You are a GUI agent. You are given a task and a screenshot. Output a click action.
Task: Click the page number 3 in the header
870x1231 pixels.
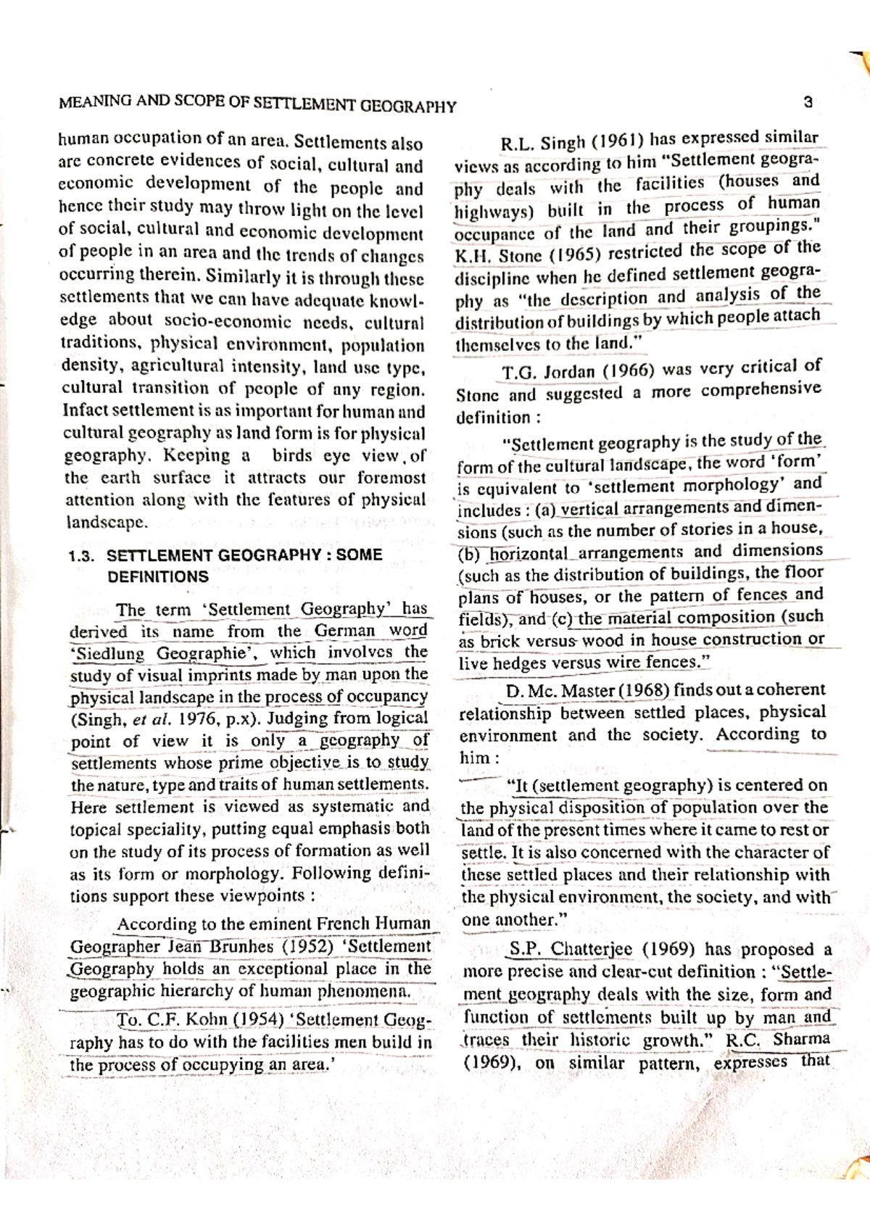point(808,102)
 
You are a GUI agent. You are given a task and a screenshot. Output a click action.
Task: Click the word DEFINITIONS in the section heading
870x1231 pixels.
point(157,577)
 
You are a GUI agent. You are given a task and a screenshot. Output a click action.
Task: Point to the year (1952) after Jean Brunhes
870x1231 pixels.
point(308,946)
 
